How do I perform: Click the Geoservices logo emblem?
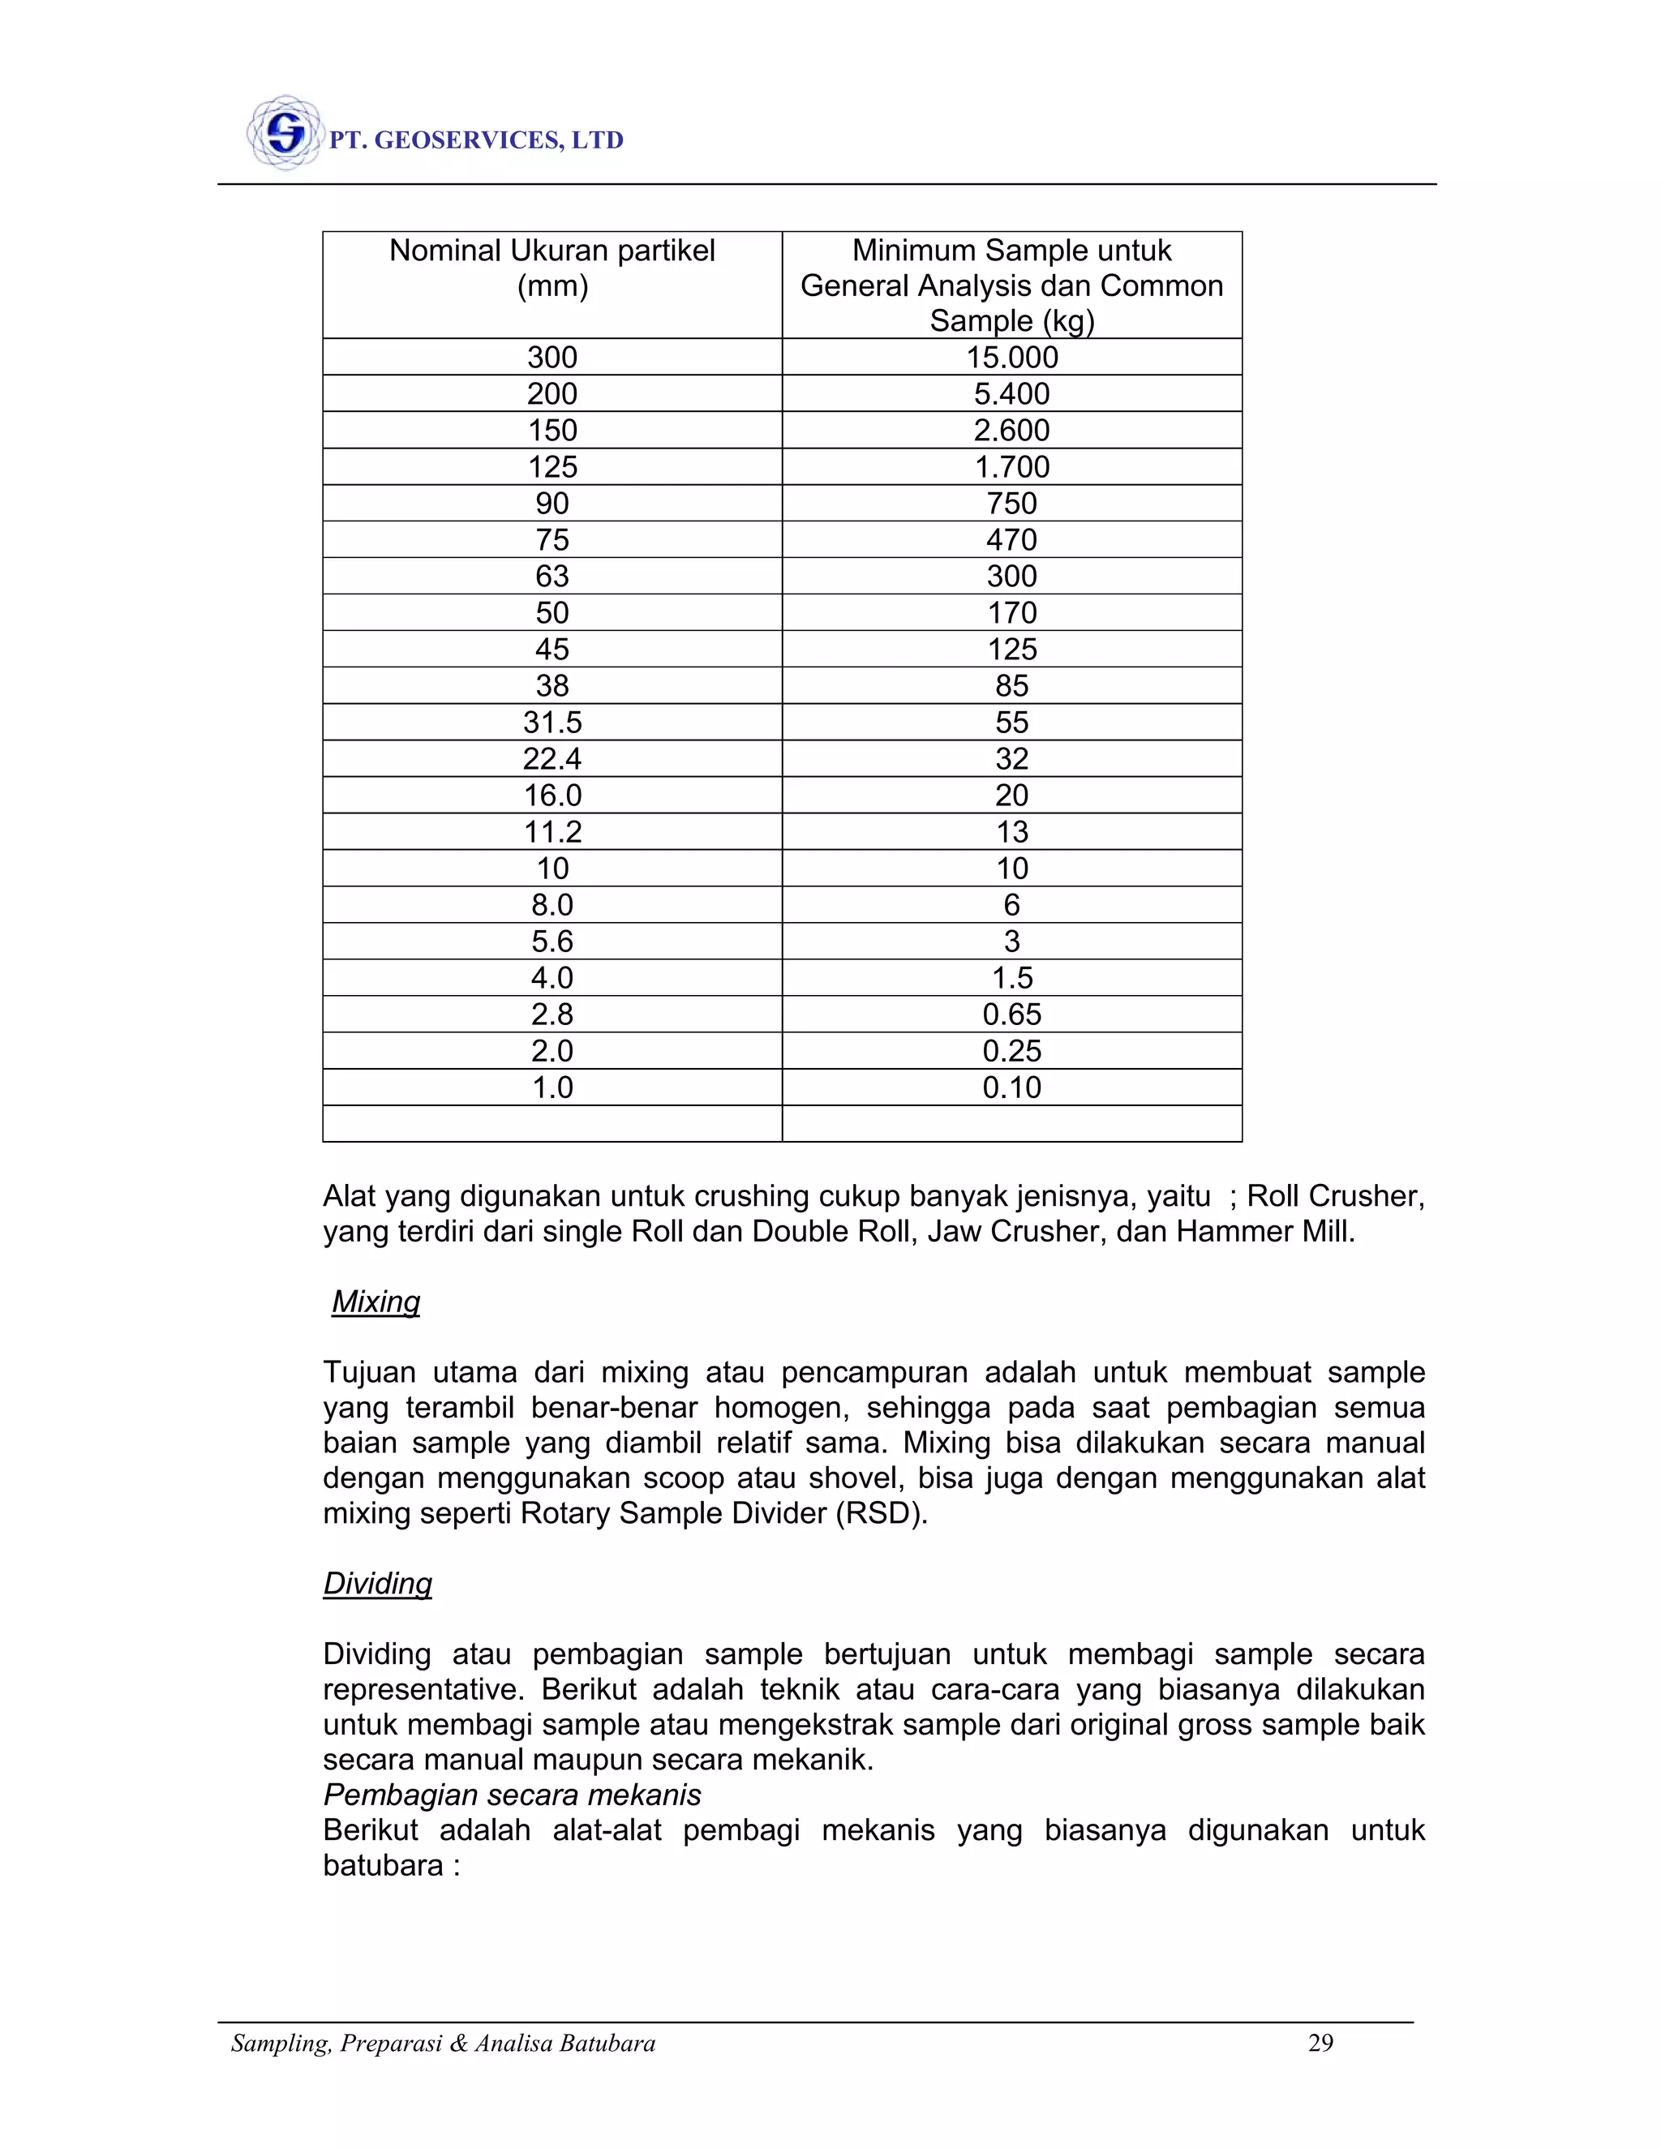[285, 133]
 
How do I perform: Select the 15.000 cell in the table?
[1011, 357]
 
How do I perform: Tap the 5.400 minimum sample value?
[1011, 393]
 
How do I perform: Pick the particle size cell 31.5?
[552, 723]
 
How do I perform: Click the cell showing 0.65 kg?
[1011, 1014]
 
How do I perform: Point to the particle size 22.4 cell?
[552, 759]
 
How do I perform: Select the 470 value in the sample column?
[1011, 539]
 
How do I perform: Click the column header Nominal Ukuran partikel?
[552, 251]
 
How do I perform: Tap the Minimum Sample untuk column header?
[1011, 251]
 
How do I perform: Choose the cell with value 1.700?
[1011, 466]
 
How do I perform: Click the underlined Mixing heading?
[376, 1301]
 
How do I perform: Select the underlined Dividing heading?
[378, 1583]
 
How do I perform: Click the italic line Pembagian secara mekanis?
[512, 1795]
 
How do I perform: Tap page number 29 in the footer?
[1320, 2044]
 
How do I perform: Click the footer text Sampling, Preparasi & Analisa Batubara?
[443, 2044]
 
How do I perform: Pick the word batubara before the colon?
[383, 1866]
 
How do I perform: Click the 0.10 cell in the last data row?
[1011, 1087]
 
